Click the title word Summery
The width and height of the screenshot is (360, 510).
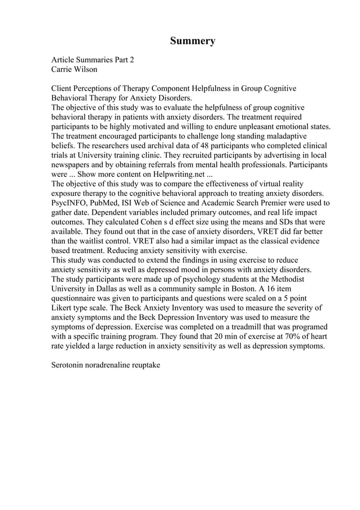pos(192,41)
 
